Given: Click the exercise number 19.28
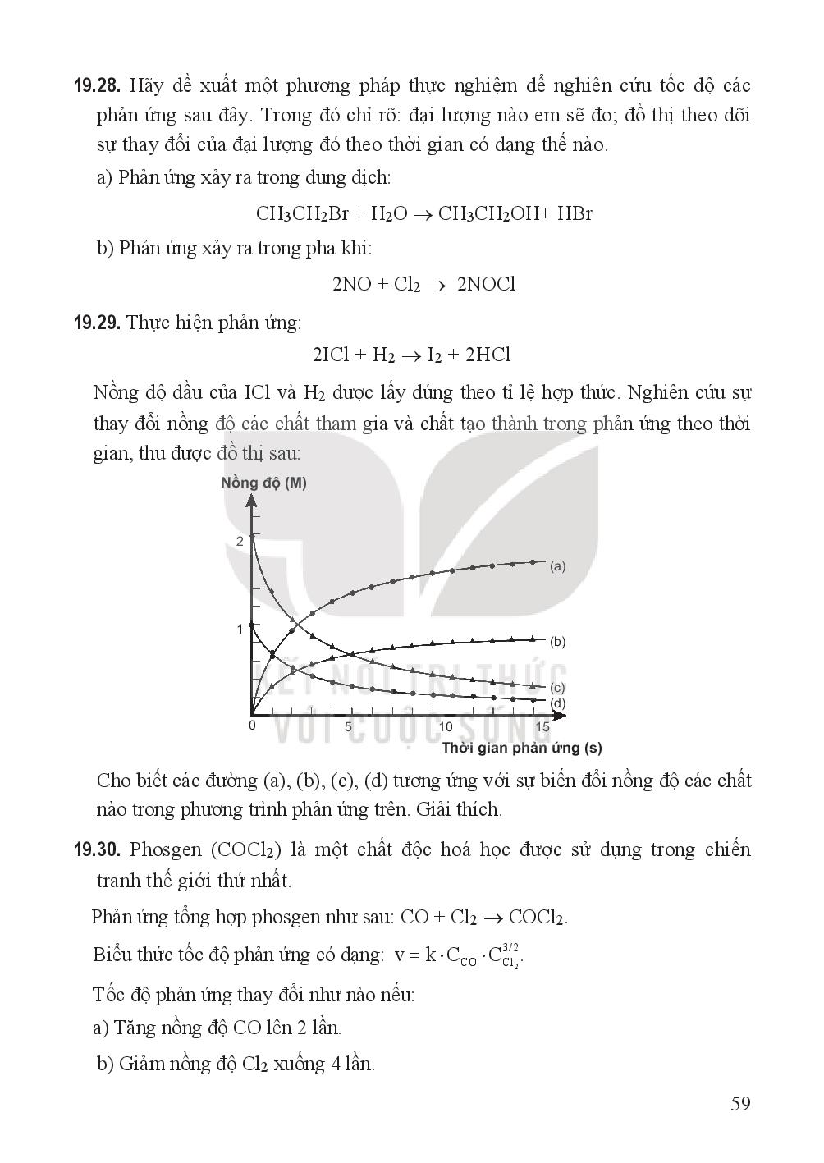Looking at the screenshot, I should coord(98,85).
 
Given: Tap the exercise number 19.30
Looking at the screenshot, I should coord(98,849).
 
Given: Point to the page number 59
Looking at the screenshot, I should coord(740,1104).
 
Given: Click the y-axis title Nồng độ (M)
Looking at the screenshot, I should coord(263,483).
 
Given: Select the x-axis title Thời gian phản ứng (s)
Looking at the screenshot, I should coord(522,748).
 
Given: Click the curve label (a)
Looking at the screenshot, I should coord(558,565).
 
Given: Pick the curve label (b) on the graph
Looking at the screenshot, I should coord(558,641).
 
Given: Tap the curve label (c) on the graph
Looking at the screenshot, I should coord(558,688).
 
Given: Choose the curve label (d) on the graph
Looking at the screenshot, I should coord(558,703).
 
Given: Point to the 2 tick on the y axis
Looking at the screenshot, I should coord(240,542).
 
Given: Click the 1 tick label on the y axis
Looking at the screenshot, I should coord(240,629).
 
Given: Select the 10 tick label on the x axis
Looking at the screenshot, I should coord(446,726).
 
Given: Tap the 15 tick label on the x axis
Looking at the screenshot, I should coord(542,726).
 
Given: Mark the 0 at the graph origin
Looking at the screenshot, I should coord(252,726).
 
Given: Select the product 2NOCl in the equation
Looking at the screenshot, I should coord(487,285).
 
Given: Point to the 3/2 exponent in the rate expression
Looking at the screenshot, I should coord(510,947).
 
